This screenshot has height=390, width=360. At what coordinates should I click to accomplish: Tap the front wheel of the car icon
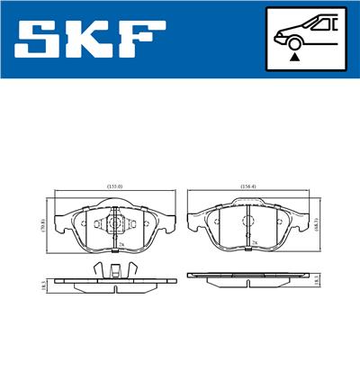[294, 41]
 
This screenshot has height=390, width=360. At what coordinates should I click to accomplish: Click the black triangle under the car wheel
[294, 57]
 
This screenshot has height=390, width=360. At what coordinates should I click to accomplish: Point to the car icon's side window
[321, 24]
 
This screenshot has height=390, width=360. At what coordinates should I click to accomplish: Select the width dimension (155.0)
[114, 186]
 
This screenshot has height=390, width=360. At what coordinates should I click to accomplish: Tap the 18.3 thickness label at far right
[319, 281]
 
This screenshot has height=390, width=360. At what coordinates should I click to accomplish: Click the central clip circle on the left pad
[113, 223]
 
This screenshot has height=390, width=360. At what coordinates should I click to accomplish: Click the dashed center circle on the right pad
[247, 222]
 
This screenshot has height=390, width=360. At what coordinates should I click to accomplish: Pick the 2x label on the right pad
[255, 243]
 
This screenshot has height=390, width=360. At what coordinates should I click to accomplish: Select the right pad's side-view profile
[247, 277]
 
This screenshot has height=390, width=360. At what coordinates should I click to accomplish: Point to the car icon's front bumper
[276, 38]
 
